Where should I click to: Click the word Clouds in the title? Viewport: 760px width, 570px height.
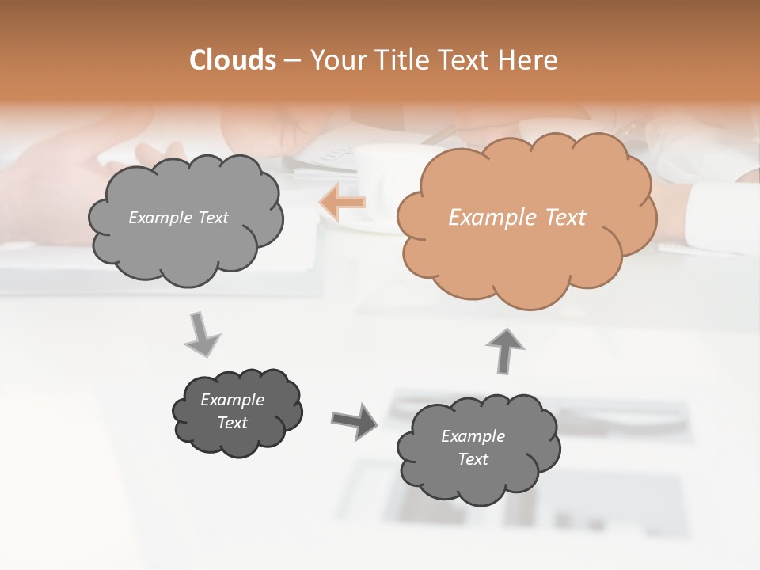(233, 60)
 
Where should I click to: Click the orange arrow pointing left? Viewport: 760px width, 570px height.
(343, 203)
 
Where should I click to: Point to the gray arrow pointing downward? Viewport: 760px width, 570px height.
(201, 334)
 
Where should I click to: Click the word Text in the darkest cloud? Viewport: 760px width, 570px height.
(233, 423)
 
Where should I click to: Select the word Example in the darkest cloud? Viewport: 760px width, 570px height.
(233, 400)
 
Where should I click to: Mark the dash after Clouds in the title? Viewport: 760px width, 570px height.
(291, 60)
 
